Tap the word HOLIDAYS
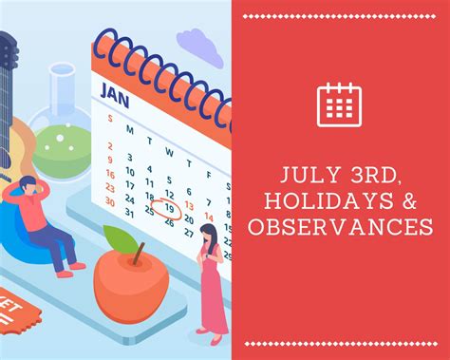click(321, 201)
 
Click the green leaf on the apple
click(119, 238)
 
